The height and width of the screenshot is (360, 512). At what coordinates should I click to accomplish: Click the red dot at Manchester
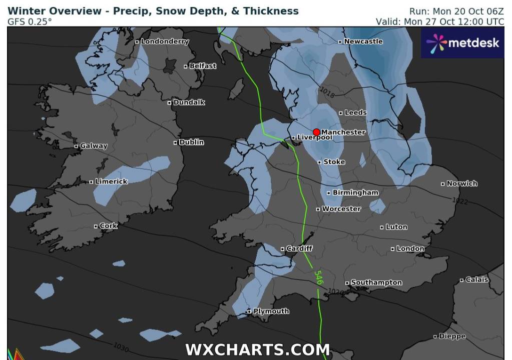click(x=316, y=132)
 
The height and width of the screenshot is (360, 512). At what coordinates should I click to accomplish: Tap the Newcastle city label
click(x=363, y=41)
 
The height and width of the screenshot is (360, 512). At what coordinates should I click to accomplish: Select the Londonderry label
click(x=165, y=41)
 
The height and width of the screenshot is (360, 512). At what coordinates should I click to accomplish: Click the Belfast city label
click(x=203, y=66)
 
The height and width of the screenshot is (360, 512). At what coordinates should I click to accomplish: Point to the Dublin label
click(x=191, y=142)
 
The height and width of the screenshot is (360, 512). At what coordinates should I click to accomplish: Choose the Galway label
click(x=94, y=146)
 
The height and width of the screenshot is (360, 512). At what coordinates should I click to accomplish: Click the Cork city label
click(x=108, y=226)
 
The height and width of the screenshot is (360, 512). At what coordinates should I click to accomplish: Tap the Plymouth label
click(x=271, y=311)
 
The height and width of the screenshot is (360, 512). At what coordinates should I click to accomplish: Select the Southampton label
click(x=376, y=283)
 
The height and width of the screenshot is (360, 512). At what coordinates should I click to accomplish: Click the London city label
click(x=410, y=248)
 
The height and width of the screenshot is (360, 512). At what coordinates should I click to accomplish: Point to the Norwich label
click(x=462, y=183)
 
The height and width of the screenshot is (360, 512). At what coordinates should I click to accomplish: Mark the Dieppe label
click(x=452, y=336)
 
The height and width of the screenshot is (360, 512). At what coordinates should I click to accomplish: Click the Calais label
click(x=477, y=280)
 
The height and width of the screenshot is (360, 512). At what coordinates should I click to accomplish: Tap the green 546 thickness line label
click(x=318, y=278)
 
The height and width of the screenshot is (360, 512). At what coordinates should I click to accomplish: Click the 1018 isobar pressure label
click(x=327, y=92)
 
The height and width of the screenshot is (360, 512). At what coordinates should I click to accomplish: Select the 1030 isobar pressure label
click(x=121, y=345)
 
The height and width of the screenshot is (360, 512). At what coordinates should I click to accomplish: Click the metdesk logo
click(x=462, y=43)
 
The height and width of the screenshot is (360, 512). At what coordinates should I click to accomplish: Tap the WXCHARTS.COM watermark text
click(x=257, y=349)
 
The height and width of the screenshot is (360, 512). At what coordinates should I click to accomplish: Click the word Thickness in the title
click(x=271, y=11)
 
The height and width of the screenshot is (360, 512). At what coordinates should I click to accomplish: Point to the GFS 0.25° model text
click(x=30, y=21)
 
